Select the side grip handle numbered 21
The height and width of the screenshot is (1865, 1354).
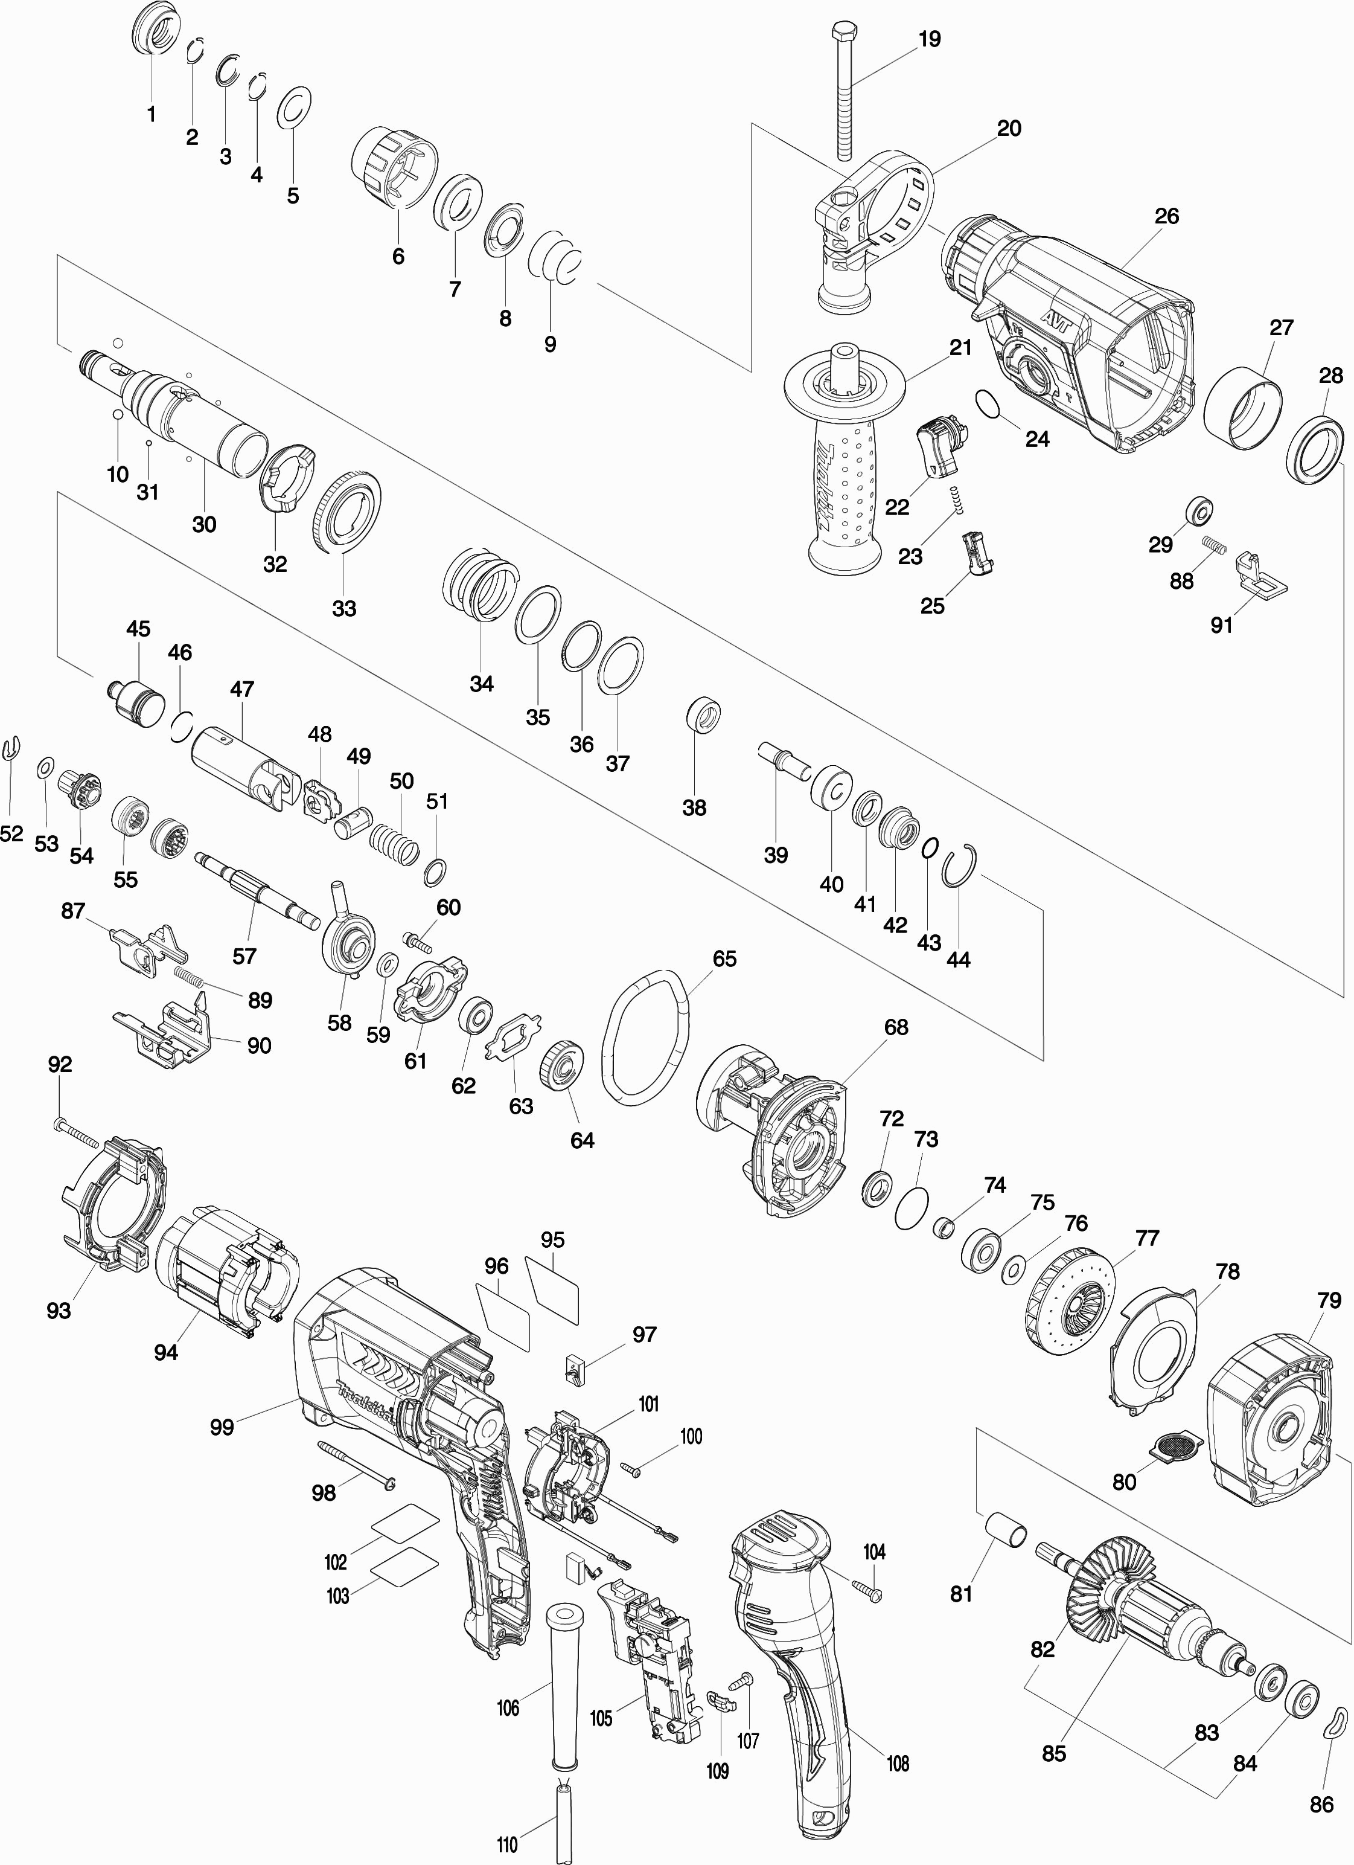pos(845,457)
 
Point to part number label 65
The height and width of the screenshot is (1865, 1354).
pos(724,959)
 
